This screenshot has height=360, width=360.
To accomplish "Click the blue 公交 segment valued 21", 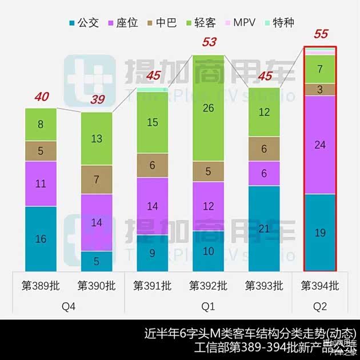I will (x=264, y=229).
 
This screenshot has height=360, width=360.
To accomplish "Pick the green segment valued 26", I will (x=209, y=108).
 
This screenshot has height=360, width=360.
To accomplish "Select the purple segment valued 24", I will (x=320, y=145).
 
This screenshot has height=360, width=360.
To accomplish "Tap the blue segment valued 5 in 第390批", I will (x=97, y=261).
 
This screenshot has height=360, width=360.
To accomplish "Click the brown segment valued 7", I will (x=97, y=179).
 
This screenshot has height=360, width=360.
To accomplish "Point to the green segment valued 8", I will (x=41, y=124).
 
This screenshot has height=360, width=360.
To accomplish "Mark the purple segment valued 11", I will (x=41, y=183).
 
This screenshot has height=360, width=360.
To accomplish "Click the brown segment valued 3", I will (x=320, y=90).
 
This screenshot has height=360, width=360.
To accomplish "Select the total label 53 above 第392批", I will (x=209, y=42).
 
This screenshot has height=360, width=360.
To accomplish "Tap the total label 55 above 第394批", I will (x=321, y=34).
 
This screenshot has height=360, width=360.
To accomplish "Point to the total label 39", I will (x=97, y=99).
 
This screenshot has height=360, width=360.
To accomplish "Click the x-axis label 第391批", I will (x=152, y=285).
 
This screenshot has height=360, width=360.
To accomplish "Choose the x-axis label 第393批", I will (x=264, y=285).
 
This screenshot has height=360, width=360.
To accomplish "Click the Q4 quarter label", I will (x=69, y=307).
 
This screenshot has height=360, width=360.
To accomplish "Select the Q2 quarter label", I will (x=320, y=307).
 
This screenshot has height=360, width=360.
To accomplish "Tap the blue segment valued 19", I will (x=320, y=233).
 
